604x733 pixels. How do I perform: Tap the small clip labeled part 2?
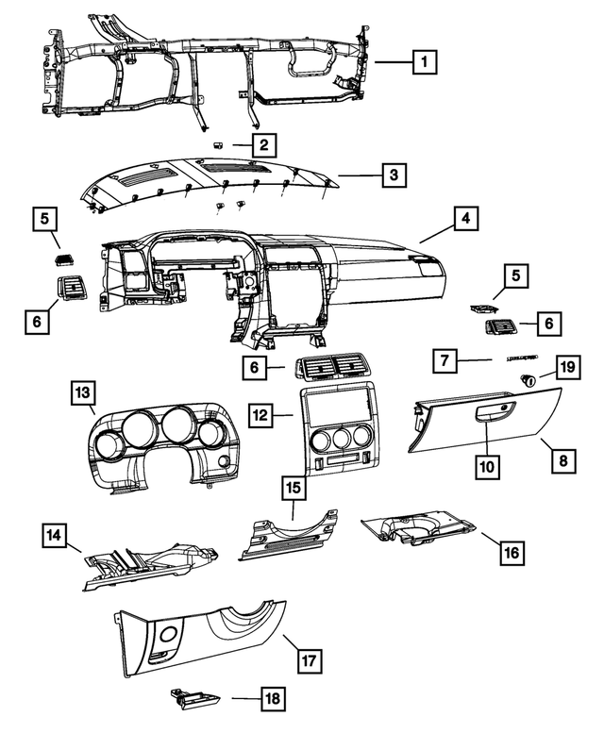[x=218, y=144]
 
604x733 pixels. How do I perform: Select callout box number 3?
[x=394, y=175]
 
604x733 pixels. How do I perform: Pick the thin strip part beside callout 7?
[x=522, y=360]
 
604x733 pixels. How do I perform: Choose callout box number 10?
[x=487, y=465]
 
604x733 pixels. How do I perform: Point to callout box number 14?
[x=56, y=537]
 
